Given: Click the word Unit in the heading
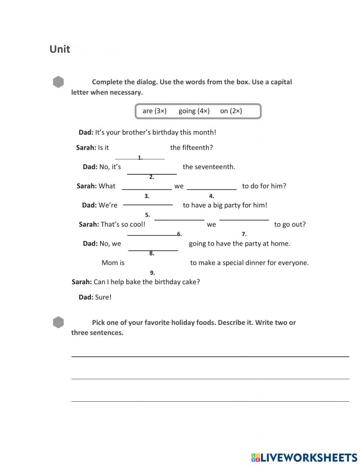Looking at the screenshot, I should pos(59,49).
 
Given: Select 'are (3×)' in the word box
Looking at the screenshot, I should pos(154,111).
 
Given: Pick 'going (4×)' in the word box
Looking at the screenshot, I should pos(194,111).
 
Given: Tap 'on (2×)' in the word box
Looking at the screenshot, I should pos(231,111).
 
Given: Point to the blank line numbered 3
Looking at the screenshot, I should pos(147,189).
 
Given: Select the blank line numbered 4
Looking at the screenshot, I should pos(211,189).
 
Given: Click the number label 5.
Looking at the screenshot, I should pos(147,215).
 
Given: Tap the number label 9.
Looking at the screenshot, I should pos(152,273).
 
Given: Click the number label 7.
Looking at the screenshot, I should pos(244,234).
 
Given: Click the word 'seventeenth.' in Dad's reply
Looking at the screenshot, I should pos(215,167).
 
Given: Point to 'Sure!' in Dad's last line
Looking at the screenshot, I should pos(103,297).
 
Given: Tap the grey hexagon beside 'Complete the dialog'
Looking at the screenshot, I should pos(58,82).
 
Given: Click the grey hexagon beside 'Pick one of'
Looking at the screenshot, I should pos(58,322).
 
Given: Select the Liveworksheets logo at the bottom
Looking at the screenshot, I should pos(304,457).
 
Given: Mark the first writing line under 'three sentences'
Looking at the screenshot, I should pos(210,356).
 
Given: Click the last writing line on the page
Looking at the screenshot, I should pos(210,401).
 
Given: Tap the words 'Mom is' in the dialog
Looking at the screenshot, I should pos(113,263).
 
